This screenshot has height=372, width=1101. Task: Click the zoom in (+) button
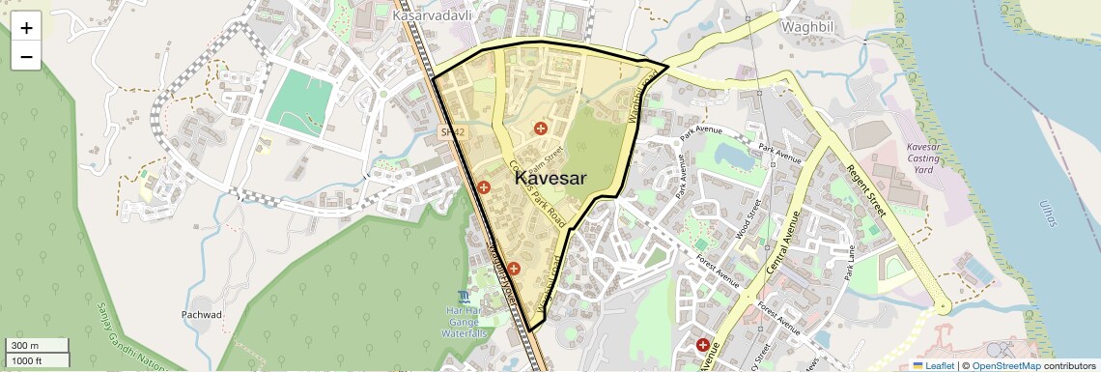point(26,28)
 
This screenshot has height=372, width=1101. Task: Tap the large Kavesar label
point(550,178)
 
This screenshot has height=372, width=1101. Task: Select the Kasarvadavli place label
point(431,16)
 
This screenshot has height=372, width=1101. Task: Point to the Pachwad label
point(202,315)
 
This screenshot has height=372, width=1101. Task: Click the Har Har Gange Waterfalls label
point(465,321)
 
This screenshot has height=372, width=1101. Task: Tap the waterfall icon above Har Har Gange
point(465,295)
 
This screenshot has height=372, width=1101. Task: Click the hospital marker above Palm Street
point(541,129)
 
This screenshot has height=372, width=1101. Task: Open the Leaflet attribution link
point(933,365)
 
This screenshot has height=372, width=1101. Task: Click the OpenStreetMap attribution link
point(1006,365)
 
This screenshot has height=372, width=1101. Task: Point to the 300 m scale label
point(23,346)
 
